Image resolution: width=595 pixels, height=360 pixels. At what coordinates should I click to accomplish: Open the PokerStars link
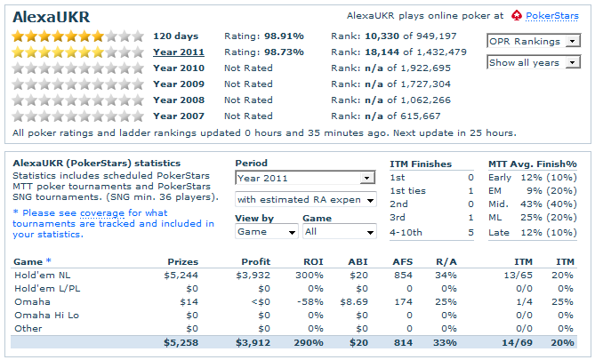point(551,16)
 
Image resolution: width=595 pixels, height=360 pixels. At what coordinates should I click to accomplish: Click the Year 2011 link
point(179,52)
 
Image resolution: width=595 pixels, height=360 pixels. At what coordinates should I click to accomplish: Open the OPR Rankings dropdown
point(533,41)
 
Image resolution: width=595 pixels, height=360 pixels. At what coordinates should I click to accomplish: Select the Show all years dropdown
point(533,62)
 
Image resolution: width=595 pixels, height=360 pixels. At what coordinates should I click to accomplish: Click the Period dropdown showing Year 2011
point(305,178)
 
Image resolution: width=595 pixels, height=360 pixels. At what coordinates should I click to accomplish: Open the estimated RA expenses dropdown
point(305,199)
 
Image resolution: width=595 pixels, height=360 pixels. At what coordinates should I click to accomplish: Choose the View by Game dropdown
point(267,231)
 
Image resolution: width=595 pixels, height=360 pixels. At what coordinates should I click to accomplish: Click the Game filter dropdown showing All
point(339,231)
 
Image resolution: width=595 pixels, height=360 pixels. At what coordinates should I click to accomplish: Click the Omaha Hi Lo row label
point(44,316)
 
